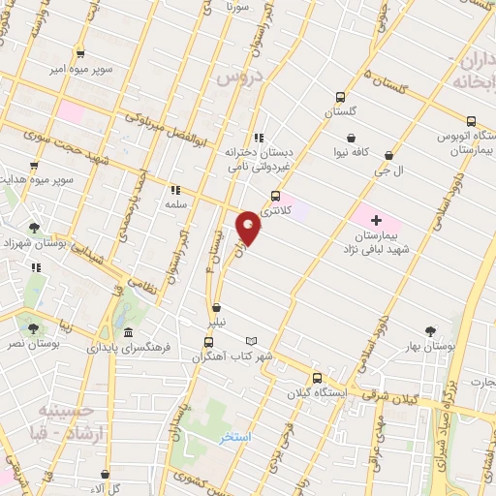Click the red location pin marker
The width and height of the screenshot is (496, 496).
(251, 227)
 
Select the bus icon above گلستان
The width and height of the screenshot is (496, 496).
(340, 97)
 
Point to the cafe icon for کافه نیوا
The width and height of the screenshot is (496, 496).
(348, 137)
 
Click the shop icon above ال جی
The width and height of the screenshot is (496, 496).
(388, 155)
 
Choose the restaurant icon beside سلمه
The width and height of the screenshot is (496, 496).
(175, 190)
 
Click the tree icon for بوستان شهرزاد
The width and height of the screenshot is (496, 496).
(35, 228)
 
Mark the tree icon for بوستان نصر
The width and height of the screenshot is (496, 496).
(35, 329)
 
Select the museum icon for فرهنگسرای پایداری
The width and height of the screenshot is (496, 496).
(129, 333)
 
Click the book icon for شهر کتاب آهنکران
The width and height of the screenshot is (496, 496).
(251, 342)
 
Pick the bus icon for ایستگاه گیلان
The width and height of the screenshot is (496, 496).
(316, 378)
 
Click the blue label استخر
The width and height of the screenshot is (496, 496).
(234, 438)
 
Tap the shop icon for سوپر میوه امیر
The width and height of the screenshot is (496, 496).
(79, 54)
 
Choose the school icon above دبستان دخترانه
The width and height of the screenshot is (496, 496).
(258, 138)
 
